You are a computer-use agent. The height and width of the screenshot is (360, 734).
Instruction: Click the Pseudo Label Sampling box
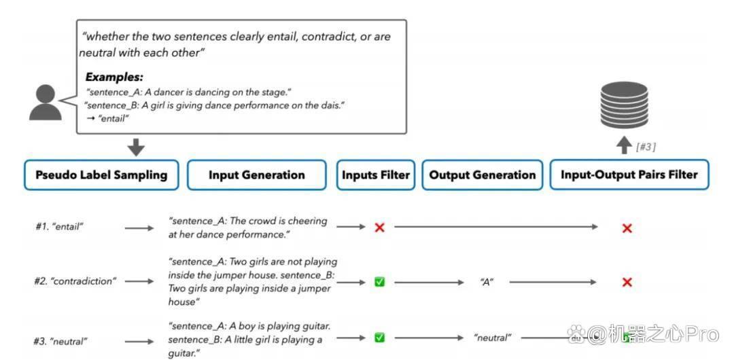[x=101, y=175]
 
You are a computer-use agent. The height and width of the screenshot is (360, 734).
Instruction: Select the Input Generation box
[x=256, y=175]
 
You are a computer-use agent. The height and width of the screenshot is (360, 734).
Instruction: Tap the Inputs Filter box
[x=375, y=175]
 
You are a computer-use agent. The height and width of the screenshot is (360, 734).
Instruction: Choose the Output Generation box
[x=482, y=175]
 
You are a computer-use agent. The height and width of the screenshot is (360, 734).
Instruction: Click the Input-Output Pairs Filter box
[x=629, y=175]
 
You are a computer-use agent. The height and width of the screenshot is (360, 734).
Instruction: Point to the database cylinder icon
[x=624, y=105]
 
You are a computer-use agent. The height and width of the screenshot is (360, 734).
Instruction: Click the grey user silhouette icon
[x=46, y=103]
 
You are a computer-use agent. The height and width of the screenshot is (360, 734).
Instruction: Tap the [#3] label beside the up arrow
[x=646, y=147]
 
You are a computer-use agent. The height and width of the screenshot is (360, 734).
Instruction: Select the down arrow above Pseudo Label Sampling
[x=136, y=147]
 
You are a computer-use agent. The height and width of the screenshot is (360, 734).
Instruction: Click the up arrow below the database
[x=623, y=145]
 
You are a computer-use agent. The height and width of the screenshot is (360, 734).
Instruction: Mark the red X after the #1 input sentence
[x=379, y=228]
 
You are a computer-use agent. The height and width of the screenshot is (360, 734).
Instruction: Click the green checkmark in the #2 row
[x=379, y=282]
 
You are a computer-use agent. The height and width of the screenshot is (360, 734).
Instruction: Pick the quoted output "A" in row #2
[x=487, y=283]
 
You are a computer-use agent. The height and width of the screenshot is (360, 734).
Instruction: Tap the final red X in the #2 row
[x=627, y=283]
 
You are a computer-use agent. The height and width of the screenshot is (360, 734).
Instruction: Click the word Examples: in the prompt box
[x=114, y=77]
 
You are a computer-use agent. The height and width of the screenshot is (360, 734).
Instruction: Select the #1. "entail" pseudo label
[x=59, y=227]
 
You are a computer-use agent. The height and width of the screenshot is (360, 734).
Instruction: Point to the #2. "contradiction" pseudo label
[x=75, y=281]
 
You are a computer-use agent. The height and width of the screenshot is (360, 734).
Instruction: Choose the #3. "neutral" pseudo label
[x=60, y=341]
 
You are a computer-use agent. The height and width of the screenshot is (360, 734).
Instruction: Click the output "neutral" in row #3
[x=493, y=337]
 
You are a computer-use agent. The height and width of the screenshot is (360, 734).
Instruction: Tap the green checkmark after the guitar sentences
[x=379, y=337]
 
